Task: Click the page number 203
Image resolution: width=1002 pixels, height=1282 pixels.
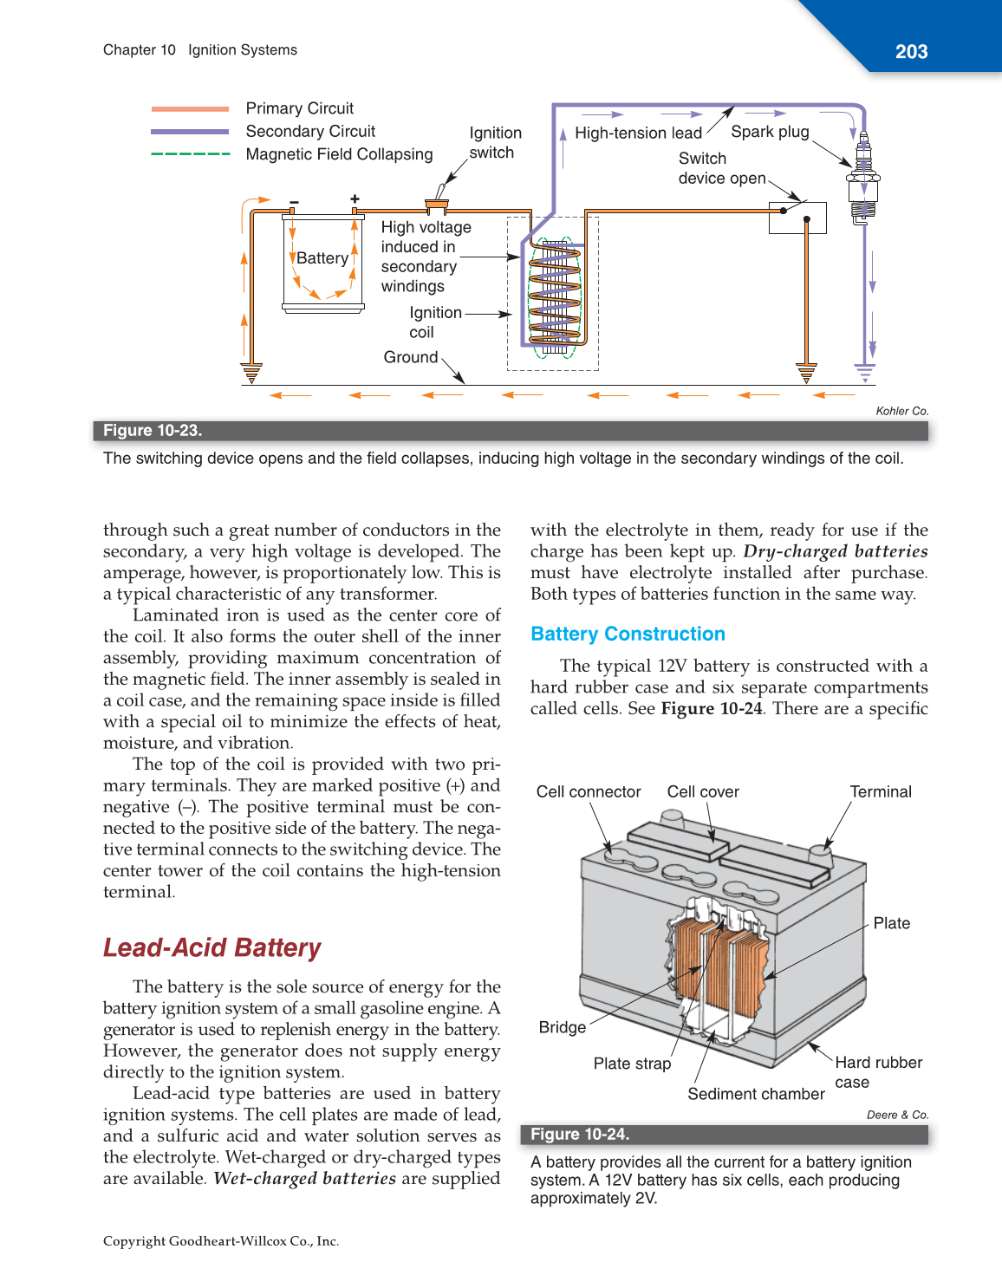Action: pos(911,52)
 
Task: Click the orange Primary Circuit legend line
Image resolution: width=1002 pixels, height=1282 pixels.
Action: pos(190,109)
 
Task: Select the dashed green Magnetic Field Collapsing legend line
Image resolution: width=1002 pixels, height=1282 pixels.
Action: pos(190,154)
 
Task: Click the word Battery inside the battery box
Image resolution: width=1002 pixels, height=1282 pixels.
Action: pos(322,258)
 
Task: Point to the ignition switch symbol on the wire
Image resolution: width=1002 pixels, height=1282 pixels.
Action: pos(437,205)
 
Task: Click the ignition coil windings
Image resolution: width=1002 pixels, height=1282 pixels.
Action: pos(554,295)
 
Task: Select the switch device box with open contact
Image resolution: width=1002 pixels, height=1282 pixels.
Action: pos(797,218)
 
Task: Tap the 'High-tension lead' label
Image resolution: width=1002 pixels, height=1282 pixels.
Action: pos(638,133)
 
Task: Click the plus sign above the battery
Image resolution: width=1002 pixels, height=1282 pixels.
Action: pos(355,198)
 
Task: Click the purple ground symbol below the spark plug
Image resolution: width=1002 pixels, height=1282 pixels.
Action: pos(864,373)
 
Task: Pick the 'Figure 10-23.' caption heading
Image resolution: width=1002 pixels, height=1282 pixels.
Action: pos(153,431)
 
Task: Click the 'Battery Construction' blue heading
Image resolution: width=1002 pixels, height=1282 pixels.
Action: pos(628,634)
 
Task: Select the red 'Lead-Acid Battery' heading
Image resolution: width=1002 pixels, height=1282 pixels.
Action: pos(212,947)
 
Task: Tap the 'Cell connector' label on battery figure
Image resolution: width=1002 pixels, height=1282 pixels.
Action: pos(589,791)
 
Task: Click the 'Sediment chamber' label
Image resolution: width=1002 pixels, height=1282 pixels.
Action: pos(756,1094)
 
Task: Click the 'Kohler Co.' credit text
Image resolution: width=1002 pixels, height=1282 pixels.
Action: pos(901,411)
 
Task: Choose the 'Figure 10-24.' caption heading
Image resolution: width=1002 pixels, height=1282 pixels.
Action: pos(580,1135)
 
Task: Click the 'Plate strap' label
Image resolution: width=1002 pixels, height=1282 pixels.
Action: pos(632,1064)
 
